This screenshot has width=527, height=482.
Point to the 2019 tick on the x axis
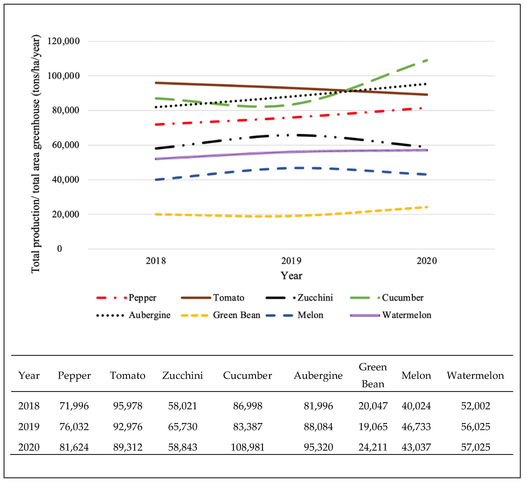pyautogui.click(x=291, y=261)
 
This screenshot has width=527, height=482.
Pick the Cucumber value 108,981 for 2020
pyautogui.click(x=247, y=447)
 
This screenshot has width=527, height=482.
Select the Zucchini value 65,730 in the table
pyautogui.click(x=182, y=427)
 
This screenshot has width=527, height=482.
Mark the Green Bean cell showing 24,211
pyautogui.click(x=373, y=447)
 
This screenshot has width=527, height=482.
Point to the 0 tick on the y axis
pyautogui.click(x=60, y=248)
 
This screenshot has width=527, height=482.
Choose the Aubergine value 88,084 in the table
pyautogui.click(x=318, y=427)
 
